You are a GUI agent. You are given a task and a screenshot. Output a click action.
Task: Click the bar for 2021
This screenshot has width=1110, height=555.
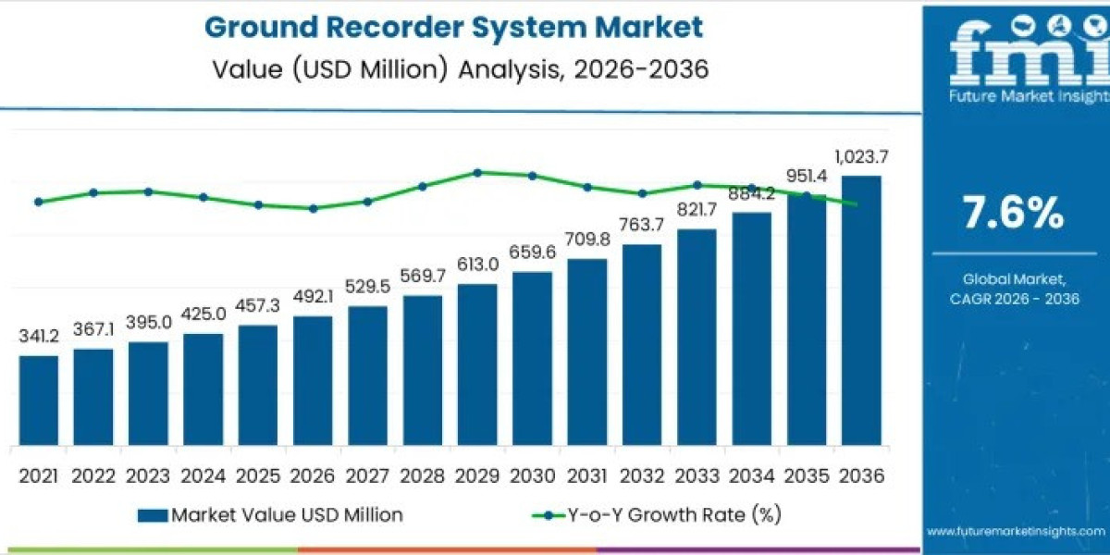pyautogui.click(x=38, y=400)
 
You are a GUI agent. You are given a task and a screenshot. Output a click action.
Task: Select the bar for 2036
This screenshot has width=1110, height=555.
pyautogui.click(x=860, y=310)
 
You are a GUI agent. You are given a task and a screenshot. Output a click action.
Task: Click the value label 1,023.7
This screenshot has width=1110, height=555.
pyautogui.click(x=860, y=156)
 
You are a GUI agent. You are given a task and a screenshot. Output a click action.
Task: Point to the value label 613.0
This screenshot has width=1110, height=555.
pyautogui.click(x=477, y=265)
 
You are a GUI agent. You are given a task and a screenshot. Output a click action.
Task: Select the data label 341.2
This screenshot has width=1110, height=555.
pyautogui.click(x=38, y=337)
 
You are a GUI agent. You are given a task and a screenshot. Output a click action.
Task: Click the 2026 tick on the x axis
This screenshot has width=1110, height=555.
pyautogui.click(x=313, y=475)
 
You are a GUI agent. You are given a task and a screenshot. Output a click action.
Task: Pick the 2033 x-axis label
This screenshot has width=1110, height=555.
pyautogui.click(x=697, y=475)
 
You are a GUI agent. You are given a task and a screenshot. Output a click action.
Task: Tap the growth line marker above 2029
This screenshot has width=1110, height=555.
pyautogui.click(x=477, y=172)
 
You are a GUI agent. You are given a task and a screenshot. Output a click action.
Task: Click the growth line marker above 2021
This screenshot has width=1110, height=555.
pyautogui.click(x=38, y=202)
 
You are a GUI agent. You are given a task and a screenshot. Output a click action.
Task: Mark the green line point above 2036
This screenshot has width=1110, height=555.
pyautogui.click(x=855, y=204)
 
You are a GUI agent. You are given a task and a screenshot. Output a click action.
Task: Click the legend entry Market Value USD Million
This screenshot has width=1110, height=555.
pyautogui.click(x=270, y=515)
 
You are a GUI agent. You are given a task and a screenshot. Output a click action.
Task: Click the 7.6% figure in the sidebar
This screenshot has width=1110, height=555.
pyautogui.click(x=1013, y=215)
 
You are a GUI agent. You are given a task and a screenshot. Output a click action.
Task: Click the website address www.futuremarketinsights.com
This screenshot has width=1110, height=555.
pyautogui.click(x=1016, y=532)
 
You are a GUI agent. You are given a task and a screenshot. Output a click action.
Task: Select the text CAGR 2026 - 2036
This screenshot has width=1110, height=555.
pyautogui.click(x=1015, y=298)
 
